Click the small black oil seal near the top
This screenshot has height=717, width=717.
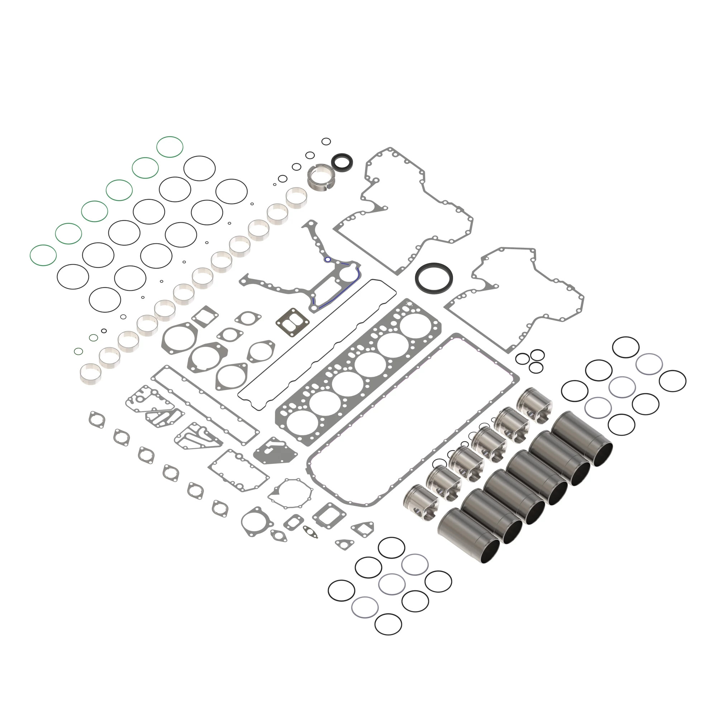(x=341, y=162)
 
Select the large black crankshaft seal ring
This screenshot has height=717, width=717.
(x=434, y=278)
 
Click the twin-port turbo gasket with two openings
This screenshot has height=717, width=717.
(x=293, y=322)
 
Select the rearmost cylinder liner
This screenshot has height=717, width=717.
(x=581, y=438)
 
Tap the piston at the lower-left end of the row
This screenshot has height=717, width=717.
(x=421, y=502)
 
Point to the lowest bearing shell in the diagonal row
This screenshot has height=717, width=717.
(x=91, y=372)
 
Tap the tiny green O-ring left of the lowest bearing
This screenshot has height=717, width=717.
(x=78, y=351)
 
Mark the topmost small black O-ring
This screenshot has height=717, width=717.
(x=326, y=141)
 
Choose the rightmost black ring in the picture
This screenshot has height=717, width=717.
(x=672, y=381)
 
